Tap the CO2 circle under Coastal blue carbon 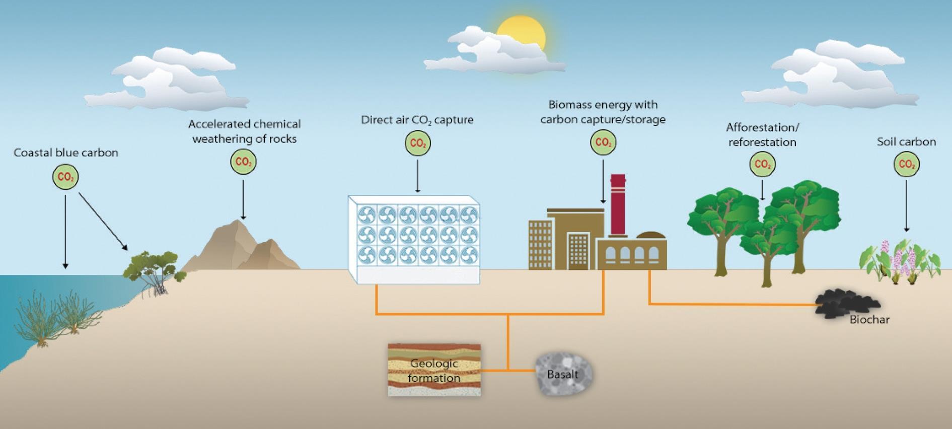tap(65, 177)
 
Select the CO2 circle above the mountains tap(243, 162)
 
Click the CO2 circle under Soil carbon tap(906, 164)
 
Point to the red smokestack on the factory tap(618, 204)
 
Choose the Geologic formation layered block tap(434, 370)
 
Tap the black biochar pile tap(846, 302)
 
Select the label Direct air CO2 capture tap(417, 120)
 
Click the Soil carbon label tap(906, 142)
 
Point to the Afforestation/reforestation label tap(762, 134)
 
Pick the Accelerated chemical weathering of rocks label tap(244, 131)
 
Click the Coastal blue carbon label tap(66, 153)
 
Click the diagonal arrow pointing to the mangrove tap(103, 222)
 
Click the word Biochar tap(869, 319)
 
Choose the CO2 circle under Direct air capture tap(418, 144)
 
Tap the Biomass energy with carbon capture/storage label tap(603, 112)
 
